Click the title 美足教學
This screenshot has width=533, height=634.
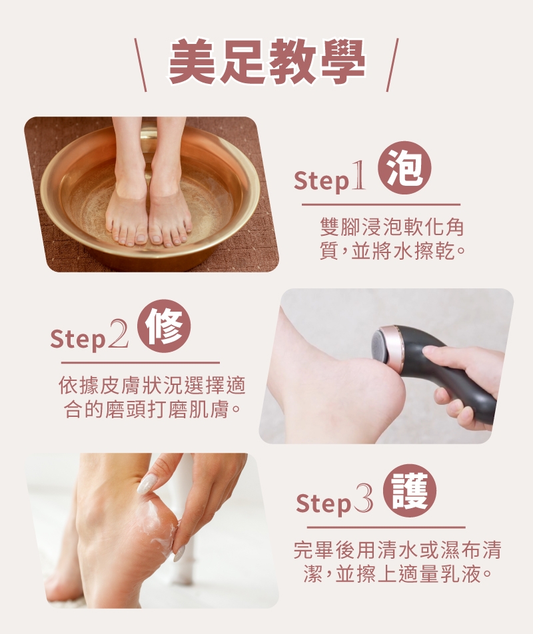[x=266, y=63]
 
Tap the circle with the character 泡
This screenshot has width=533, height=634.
[x=404, y=167]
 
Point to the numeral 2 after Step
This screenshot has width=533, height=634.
[x=118, y=337]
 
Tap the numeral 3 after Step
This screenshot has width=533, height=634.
[x=363, y=502]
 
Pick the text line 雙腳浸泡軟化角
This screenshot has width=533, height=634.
[x=391, y=228]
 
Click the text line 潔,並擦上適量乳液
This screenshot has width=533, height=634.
[x=398, y=574]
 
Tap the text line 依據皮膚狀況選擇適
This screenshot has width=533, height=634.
[x=153, y=385]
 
